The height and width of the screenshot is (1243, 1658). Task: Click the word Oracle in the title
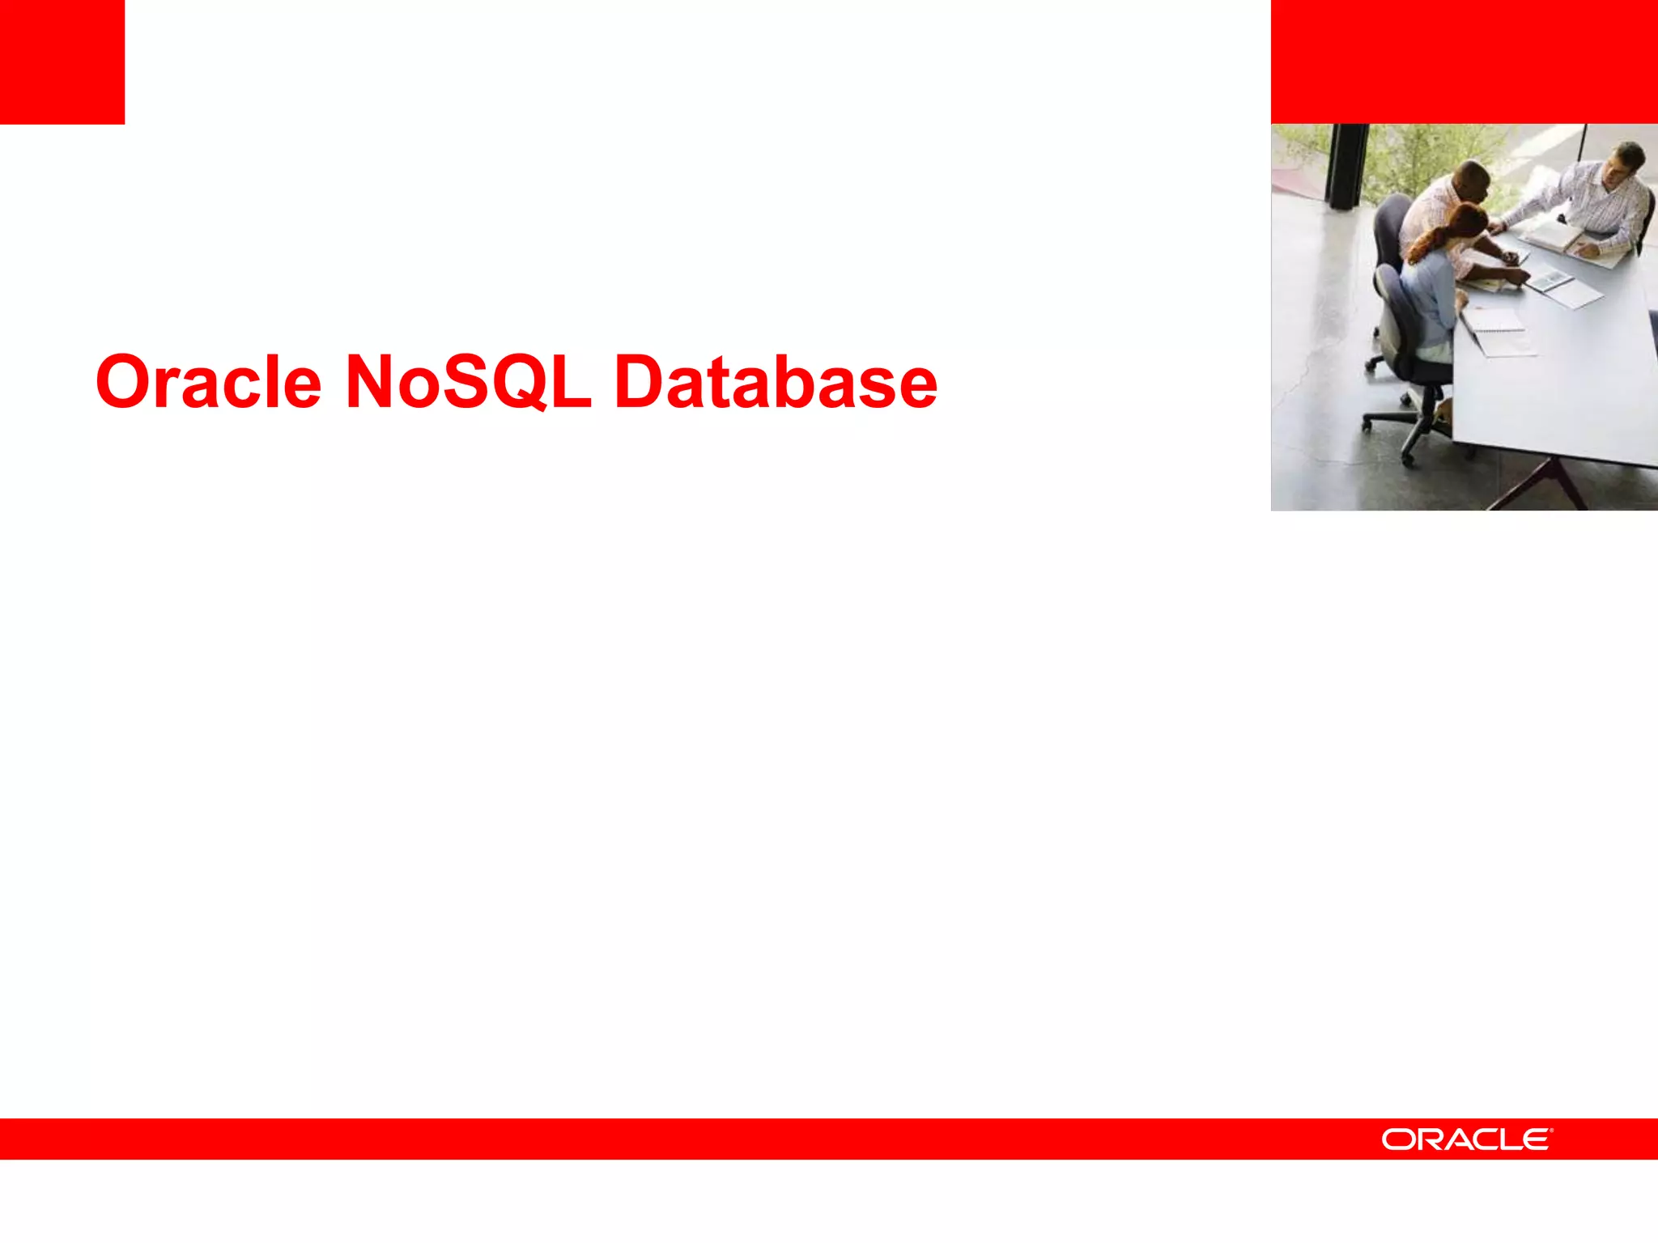click(209, 382)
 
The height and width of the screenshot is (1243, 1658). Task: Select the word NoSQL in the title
click(468, 382)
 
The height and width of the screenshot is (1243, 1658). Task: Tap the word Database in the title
click(776, 382)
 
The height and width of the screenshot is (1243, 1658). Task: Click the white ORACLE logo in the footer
click(1466, 1139)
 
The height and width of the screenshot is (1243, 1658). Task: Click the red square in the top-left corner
click(62, 62)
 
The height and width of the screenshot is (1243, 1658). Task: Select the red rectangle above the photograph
click(1464, 62)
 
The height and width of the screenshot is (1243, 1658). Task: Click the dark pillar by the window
click(1348, 166)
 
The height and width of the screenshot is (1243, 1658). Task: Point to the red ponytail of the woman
click(1429, 243)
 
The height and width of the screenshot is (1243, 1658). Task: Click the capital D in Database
click(640, 382)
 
